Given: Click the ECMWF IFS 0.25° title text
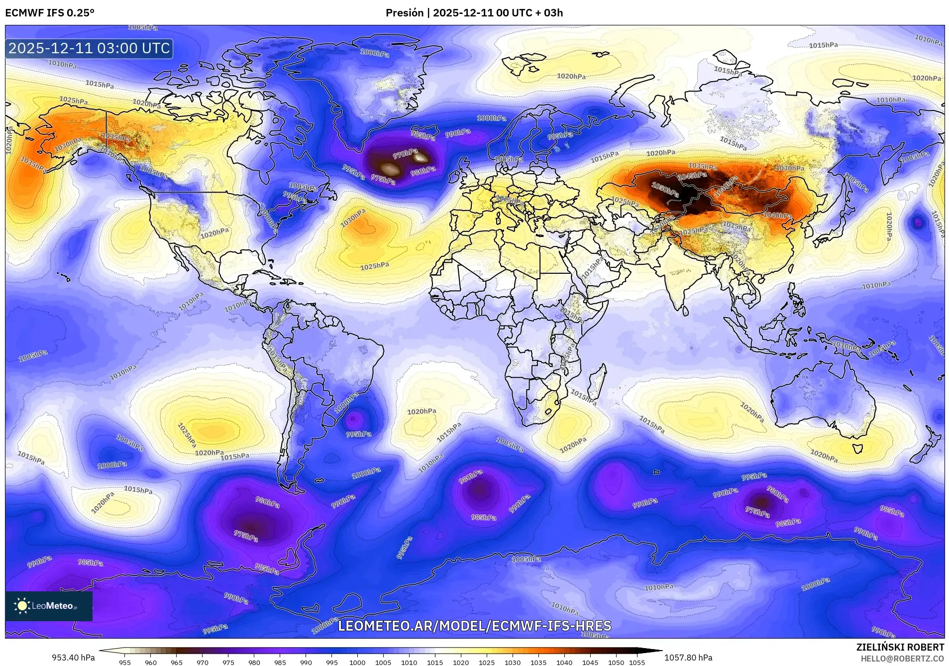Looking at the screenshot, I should pos(50,13).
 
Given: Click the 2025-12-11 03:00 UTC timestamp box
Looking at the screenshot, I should pos(89,49).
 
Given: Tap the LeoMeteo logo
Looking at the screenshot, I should pos(49,606).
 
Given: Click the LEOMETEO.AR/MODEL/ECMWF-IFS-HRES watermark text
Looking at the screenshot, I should pos(474,626).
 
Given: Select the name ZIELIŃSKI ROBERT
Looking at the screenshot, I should pos(900,647).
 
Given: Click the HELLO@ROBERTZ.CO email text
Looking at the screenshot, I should pos(902,659).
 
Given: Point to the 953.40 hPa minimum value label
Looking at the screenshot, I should pos(73,658).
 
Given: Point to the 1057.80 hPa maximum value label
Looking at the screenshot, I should pos(688,658).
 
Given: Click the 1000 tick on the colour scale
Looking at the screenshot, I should pos(357,662).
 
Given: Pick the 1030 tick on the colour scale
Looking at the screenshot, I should pos(513,662).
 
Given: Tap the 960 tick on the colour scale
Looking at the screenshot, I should pos(151,662).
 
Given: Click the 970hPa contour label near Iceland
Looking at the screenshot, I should pos(405,154).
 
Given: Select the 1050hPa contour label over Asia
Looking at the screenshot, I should pos(665,190).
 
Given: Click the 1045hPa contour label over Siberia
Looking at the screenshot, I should pos(692,176).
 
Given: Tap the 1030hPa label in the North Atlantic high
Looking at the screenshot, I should pos(353,218).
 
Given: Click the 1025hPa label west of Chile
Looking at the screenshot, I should pos(187,434).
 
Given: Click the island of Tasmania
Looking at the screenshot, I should pos(857,448).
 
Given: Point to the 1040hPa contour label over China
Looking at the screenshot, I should pos(777,215).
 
